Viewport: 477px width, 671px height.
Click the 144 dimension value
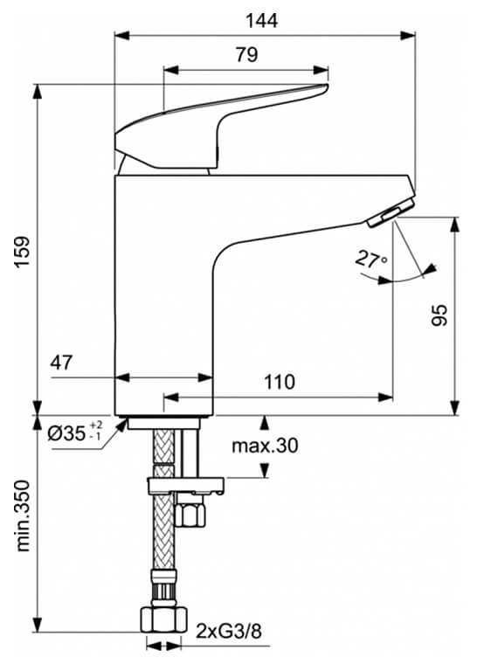point(261,21)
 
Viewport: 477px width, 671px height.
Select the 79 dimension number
point(247,55)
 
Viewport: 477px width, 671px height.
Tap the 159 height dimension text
point(22,252)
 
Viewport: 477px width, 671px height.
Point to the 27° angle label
point(371,259)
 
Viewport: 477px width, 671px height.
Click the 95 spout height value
point(439,315)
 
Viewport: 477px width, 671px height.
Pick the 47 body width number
point(62,363)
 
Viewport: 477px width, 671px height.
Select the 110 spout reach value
point(280,382)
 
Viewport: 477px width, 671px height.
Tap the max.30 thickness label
point(265,446)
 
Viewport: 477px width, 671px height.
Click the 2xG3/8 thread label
point(229,630)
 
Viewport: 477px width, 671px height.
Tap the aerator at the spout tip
point(391,211)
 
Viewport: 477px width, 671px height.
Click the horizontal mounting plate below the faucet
point(186,486)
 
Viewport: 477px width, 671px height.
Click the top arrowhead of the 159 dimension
point(38,92)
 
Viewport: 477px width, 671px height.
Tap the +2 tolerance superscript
point(96,425)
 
